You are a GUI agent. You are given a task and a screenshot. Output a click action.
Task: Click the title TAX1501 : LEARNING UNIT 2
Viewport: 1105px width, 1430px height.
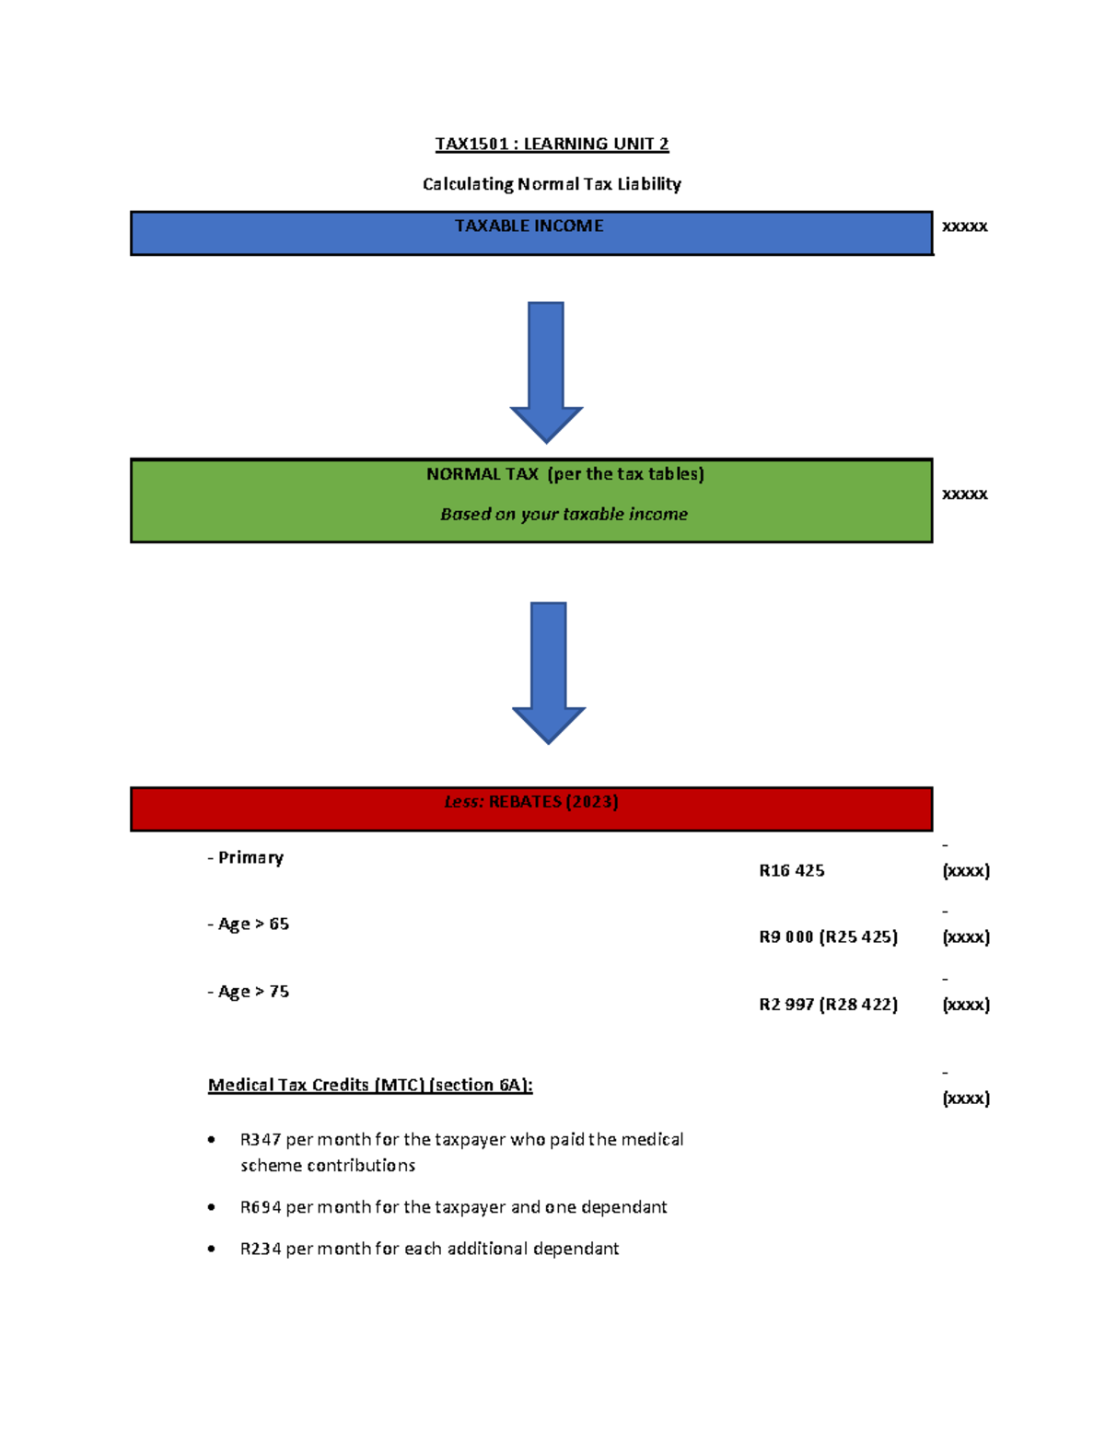pyautogui.click(x=552, y=144)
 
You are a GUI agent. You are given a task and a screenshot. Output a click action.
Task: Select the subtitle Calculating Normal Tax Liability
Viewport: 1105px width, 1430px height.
pyautogui.click(x=552, y=184)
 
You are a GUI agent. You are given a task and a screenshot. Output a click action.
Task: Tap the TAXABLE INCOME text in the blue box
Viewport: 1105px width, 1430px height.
pyautogui.click(x=529, y=226)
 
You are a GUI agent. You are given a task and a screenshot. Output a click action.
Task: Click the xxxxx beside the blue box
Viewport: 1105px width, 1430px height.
pyautogui.click(x=964, y=227)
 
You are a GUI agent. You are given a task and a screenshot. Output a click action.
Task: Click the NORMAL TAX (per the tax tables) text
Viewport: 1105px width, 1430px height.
pyautogui.click(x=564, y=474)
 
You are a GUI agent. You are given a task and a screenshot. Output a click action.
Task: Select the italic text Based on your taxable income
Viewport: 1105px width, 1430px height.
pyautogui.click(x=564, y=515)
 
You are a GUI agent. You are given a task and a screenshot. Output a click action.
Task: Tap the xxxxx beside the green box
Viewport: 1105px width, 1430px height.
pyautogui.click(x=964, y=494)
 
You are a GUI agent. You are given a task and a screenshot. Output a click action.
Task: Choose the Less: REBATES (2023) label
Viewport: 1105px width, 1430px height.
pyautogui.click(x=531, y=802)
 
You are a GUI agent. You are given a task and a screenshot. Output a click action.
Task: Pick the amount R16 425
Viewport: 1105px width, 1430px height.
pyautogui.click(x=791, y=871)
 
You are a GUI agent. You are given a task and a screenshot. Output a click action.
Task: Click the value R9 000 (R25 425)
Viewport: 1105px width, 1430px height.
pyautogui.click(x=828, y=937)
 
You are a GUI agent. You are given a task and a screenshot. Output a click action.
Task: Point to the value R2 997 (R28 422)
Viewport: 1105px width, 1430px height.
pyautogui.click(x=828, y=1005)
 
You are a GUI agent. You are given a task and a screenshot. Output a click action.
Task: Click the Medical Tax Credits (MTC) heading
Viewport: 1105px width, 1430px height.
pyautogui.click(x=370, y=1085)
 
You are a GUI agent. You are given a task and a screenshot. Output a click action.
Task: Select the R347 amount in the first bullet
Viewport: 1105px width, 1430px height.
pyautogui.click(x=261, y=1140)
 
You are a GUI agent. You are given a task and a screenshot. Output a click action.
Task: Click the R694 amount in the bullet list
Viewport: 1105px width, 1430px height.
pyautogui.click(x=261, y=1207)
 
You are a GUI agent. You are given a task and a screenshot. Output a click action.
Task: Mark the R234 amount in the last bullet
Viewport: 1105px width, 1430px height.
pyautogui.click(x=261, y=1249)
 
